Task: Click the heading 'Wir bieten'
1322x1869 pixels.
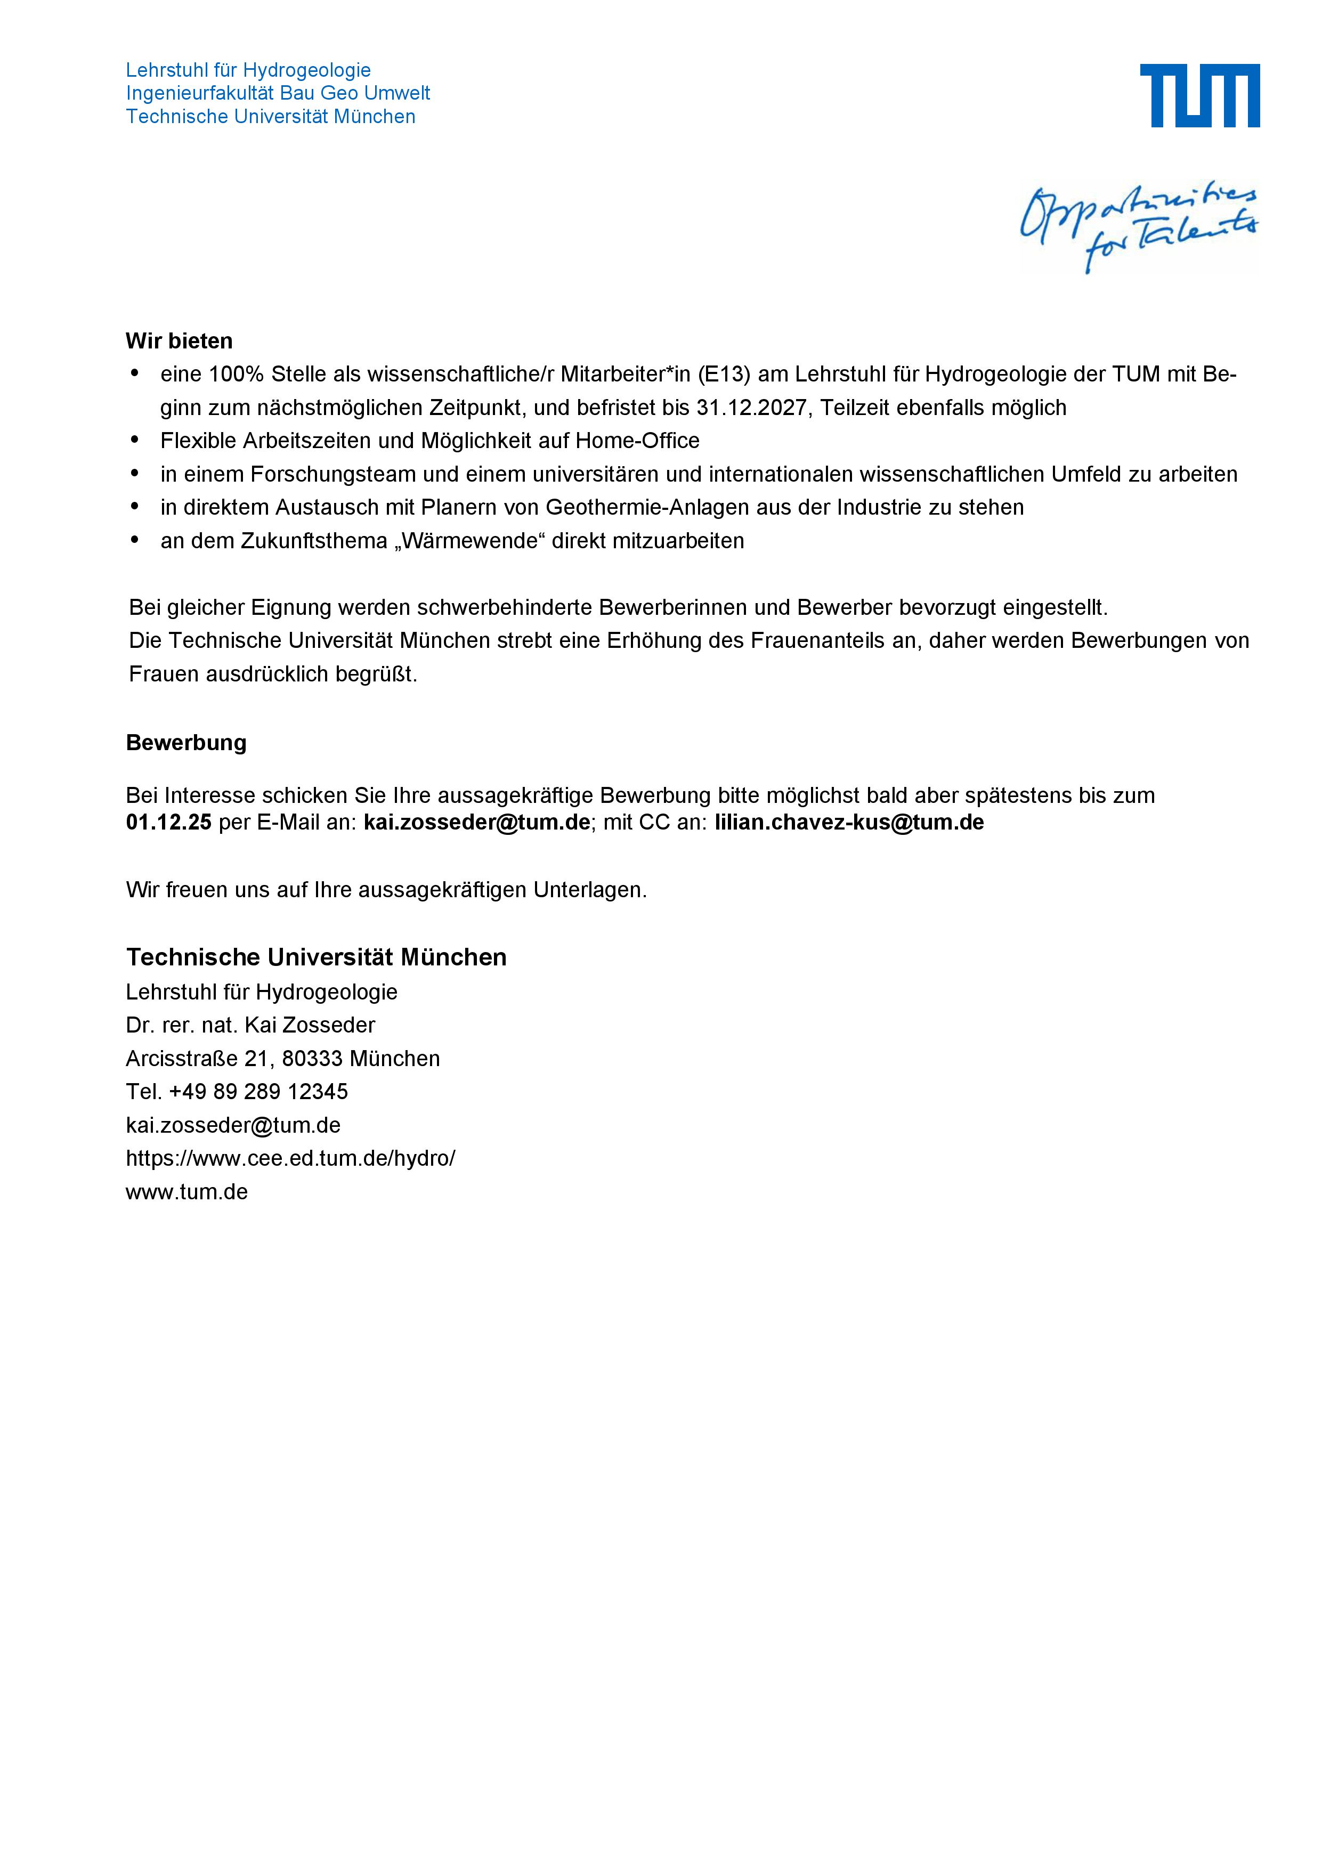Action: (179, 341)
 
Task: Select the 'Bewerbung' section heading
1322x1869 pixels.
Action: (186, 742)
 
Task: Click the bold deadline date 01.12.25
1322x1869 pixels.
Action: (168, 822)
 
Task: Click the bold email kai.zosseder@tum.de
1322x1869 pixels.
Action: (476, 822)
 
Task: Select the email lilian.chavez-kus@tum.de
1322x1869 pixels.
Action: (849, 822)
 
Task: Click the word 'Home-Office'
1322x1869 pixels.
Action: (637, 441)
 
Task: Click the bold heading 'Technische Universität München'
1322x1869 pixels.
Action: (316, 957)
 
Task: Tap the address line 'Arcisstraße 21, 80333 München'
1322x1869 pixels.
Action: (282, 1058)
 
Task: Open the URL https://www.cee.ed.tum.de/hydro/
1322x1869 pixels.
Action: (290, 1158)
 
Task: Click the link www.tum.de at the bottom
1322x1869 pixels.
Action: (186, 1192)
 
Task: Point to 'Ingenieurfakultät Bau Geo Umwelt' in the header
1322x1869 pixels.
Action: (278, 93)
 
